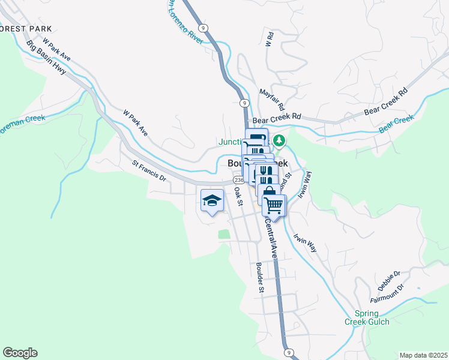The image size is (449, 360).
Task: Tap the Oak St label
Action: click(238, 196)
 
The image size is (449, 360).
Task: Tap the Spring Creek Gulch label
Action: click(367, 318)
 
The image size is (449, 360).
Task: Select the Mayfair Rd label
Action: click(271, 99)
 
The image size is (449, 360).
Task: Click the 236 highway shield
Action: click(239, 180)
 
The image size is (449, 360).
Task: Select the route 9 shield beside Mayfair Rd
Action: click(244, 103)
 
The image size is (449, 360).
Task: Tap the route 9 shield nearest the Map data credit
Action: click(289, 352)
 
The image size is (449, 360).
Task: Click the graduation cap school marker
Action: click(211, 201)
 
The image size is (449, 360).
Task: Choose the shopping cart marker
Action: click(274, 206)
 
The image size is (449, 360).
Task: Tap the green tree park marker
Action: click(279, 141)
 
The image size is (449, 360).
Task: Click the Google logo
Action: click(20, 353)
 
